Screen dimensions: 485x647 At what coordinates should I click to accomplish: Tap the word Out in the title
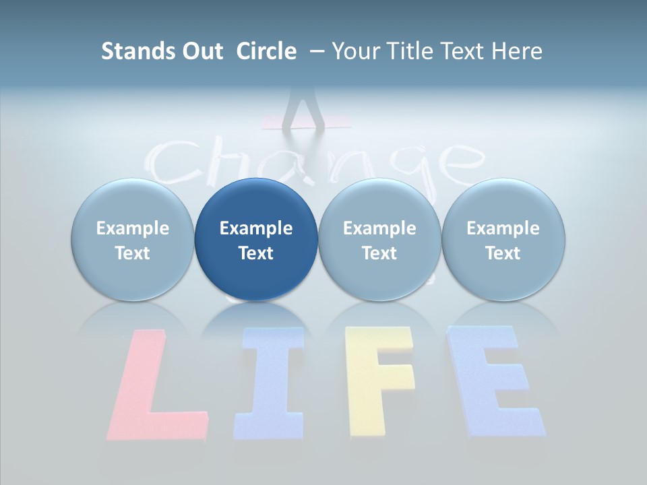(x=200, y=51)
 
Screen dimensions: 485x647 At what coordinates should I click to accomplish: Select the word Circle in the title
(x=266, y=51)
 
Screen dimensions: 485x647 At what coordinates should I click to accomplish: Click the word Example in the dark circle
(x=256, y=228)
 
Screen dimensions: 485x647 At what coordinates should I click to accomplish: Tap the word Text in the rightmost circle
(x=503, y=253)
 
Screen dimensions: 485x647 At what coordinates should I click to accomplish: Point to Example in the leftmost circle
(x=132, y=228)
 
